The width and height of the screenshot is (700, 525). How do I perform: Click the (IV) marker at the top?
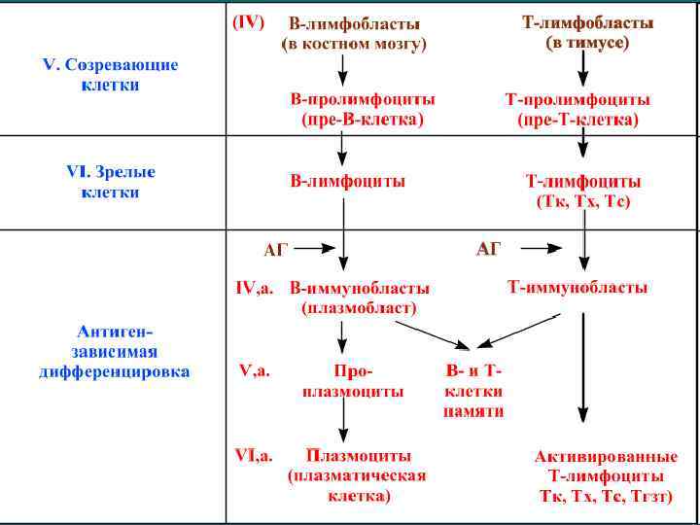pyautogui.click(x=247, y=21)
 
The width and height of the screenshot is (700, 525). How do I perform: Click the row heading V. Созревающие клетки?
pyautogui.click(x=110, y=75)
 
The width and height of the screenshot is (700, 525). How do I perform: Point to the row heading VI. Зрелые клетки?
pyautogui.click(x=110, y=182)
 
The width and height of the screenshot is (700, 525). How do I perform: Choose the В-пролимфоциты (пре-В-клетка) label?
pyautogui.click(x=362, y=109)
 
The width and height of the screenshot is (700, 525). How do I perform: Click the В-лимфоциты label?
pyautogui.click(x=348, y=181)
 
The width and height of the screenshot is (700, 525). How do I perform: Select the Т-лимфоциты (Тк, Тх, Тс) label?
pyautogui.click(x=582, y=192)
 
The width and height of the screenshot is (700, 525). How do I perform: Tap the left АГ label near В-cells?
pyautogui.click(x=276, y=250)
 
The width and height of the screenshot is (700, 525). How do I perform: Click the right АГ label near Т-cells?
pyautogui.click(x=488, y=250)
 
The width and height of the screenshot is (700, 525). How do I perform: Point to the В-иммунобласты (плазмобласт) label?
pyautogui.click(x=359, y=297)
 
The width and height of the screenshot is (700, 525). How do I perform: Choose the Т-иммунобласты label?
pyautogui.click(x=577, y=288)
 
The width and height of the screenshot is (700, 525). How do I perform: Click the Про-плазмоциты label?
pyautogui.click(x=353, y=380)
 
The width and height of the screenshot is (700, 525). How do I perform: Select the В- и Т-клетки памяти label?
pyautogui.click(x=473, y=390)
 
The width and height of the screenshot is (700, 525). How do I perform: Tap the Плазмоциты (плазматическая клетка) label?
pyautogui.click(x=358, y=474)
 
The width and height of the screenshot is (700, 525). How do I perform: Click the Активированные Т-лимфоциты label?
pyautogui.click(x=606, y=475)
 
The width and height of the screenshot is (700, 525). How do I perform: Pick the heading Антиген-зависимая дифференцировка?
pyautogui.click(x=115, y=351)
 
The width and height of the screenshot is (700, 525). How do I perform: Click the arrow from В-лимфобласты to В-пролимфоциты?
pyautogui.click(x=342, y=68)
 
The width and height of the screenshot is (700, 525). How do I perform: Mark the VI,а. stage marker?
pyautogui.click(x=254, y=455)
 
